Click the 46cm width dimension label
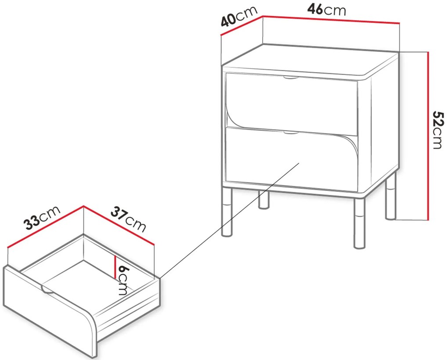pos(327,10)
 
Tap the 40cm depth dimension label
pos(239,16)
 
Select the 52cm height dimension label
pos(438,130)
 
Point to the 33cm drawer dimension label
pos(42,218)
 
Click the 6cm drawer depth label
pos(123,280)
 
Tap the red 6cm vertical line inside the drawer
pos(115,267)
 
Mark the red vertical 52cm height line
pos(428,136)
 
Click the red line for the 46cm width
pos(331,19)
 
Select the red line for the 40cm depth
pos(242,26)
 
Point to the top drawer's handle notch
pos(291,77)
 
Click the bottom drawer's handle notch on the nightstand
pos(291,133)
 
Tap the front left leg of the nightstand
pos(228,212)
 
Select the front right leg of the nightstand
pos(359,223)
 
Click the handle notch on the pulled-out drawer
pos(48,289)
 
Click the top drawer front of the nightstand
pos(292,104)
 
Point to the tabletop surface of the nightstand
pos(310,62)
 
